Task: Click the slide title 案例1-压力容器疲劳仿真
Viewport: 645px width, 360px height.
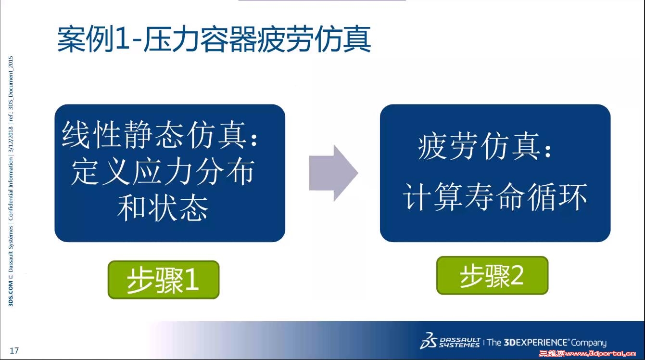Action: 214,39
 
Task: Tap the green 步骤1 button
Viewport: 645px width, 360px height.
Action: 164,280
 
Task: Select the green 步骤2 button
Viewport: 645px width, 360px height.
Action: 493,276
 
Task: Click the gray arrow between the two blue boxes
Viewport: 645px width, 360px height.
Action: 333,173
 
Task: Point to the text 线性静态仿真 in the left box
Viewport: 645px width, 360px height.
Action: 154,135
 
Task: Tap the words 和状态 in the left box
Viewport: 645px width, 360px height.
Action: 163,207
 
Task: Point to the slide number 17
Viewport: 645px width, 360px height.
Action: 14,350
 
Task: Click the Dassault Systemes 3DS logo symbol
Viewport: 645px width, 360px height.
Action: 428,341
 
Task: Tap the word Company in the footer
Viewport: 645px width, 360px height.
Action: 589,343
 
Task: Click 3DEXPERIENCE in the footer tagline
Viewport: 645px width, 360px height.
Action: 535,342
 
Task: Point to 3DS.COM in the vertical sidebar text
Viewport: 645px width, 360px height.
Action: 11,294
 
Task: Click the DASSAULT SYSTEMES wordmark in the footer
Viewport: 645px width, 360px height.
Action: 460,342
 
